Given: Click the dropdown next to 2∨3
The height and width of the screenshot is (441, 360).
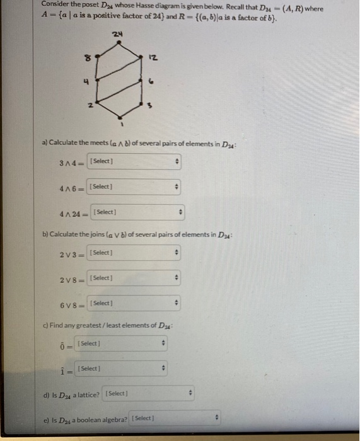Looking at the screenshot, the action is [x=133, y=253].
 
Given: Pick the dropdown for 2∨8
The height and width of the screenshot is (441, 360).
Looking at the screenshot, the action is [x=133, y=278].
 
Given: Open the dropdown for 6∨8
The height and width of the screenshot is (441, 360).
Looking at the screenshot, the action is [x=133, y=303].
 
